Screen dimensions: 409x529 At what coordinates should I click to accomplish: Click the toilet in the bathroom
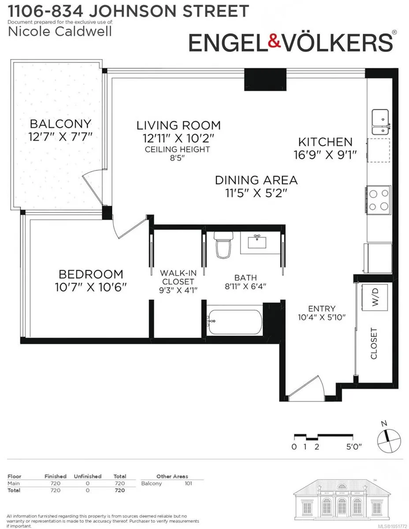pos(223,244)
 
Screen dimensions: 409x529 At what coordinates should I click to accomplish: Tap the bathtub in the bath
pos(234,322)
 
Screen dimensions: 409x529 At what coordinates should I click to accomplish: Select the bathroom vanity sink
pos(257,242)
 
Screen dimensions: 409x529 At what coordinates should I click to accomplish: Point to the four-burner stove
pos(379,200)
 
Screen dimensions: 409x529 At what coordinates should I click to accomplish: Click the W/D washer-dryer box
pos(375,297)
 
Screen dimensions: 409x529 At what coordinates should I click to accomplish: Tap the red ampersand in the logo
pos(275,41)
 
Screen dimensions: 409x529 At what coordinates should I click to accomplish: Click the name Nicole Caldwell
pos(60,32)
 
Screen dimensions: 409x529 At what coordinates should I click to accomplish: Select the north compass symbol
pos(389,440)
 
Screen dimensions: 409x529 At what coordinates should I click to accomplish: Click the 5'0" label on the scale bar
pos(354,447)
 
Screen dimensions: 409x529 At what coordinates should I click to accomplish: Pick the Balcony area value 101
pos(188,483)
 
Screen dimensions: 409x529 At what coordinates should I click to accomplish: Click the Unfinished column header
pos(88,476)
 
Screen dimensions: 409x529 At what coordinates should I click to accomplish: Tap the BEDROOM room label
pos(91,274)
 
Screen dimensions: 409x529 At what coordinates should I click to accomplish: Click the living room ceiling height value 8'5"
pos(177,158)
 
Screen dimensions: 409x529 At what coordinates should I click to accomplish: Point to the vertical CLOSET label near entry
pos(374,343)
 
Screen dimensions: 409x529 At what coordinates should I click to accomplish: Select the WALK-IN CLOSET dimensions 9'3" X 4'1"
pos(178,290)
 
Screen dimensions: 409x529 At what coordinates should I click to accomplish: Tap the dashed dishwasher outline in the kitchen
pos(379,150)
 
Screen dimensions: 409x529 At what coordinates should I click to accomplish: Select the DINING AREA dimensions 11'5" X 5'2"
pos(257,194)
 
